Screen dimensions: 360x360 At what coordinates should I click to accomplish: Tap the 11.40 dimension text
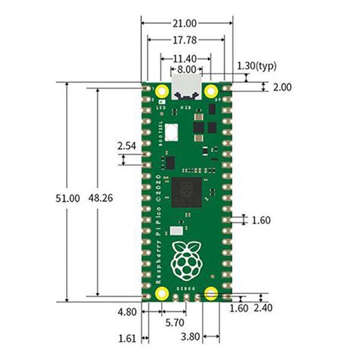pyautogui.click(x=184, y=58)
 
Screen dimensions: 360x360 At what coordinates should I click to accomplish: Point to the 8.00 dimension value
pyautogui.click(x=185, y=69)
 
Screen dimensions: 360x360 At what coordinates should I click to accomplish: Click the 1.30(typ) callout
pyautogui.click(x=257, y=66)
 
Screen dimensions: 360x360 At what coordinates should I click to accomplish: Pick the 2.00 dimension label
pyautogui.click(x=282, y=87)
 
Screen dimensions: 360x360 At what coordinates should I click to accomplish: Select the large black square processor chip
pyautogui.click(x=185, y=191)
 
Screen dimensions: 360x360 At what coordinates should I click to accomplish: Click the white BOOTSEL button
pyautogui.click(x=171, y=131)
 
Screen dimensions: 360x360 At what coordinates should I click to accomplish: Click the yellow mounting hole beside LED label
pyautogui.click(x=162, y=93)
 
